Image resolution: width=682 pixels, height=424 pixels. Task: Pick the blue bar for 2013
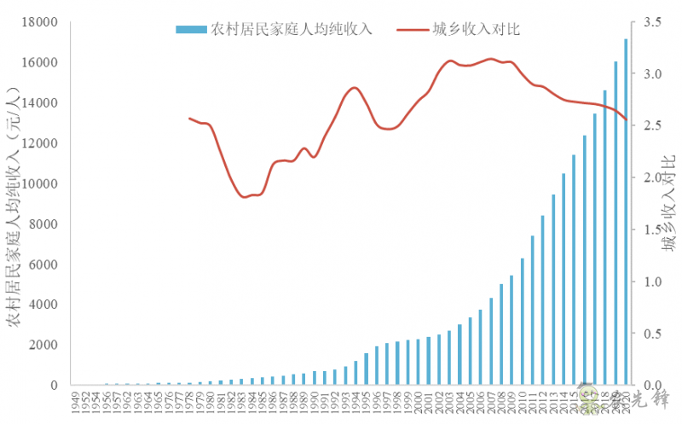(553, 290)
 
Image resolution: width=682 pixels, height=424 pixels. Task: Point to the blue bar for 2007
(491, 341)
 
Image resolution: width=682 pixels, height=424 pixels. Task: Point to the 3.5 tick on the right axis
(651, 22)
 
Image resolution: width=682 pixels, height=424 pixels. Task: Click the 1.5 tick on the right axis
(651, 229)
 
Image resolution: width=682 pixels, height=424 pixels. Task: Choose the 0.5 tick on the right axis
(651, 334)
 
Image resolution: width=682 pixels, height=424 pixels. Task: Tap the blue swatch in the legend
(191, 29)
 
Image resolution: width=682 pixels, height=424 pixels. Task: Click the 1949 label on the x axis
(77, 400)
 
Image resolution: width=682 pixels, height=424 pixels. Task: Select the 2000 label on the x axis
(417, 400)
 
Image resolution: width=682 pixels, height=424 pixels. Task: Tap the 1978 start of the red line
(189, 119)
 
